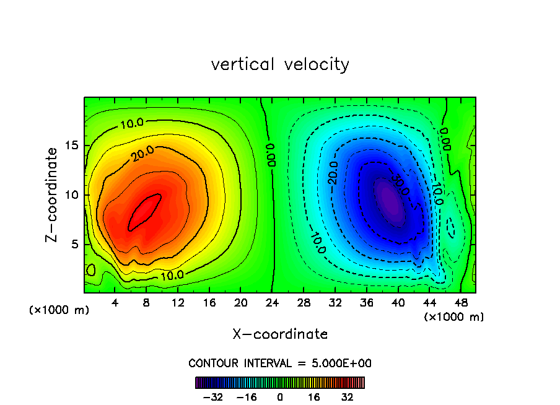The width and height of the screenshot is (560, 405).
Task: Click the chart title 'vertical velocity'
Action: (x=280, y=64)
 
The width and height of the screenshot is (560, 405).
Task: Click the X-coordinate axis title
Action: (x=280, y=334)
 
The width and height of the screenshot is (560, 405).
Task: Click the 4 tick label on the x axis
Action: (x=115, y=302)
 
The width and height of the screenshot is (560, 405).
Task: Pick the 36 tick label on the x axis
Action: (x=366, y=302)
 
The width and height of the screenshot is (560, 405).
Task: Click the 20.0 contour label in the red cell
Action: (x=142, y=152)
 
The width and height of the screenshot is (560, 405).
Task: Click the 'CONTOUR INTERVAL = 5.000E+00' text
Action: (x=280, y=363)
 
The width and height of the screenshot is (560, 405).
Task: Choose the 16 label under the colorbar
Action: (x=314, y=396)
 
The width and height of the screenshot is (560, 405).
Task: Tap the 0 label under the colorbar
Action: (x=280, y=396)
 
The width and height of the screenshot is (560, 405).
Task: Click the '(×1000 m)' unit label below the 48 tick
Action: (x=454, y=317)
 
